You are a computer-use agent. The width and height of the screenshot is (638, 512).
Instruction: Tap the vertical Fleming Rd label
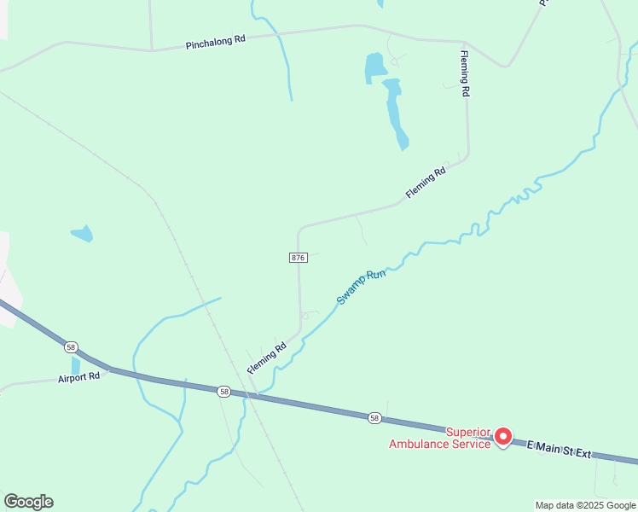click(465, 74)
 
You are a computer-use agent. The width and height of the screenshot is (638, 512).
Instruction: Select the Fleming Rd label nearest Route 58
click(267, 358)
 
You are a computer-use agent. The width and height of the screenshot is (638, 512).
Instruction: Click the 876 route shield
click(298, 257)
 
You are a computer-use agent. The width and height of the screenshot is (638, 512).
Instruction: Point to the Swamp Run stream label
click(362, 288)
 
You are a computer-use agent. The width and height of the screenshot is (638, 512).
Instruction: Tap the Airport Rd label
click(79, 376)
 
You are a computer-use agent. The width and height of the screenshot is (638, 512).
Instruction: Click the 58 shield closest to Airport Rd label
click(71, 347)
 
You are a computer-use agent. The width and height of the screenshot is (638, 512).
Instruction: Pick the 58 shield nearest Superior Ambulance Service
click(374, 417)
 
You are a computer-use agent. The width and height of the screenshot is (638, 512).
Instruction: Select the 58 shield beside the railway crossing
click(223, 391)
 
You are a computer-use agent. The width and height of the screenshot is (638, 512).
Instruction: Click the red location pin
click(503, 436)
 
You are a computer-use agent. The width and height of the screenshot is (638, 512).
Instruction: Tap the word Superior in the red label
click(469, 432)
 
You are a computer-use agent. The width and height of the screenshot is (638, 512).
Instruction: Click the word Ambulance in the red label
click(421, 444)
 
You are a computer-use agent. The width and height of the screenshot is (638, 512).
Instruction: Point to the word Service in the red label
click(473, 444)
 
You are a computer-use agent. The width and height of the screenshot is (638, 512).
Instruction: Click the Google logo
click(28, 501)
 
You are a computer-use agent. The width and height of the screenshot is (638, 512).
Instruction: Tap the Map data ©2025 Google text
click(585, 505)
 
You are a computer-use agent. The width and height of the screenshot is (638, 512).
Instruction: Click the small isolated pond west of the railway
click(82, 233)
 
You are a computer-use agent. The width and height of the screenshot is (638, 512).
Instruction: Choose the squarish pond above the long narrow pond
click(374, 67)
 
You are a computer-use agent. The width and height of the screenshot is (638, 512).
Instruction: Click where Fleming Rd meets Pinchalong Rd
click(465, 43)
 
